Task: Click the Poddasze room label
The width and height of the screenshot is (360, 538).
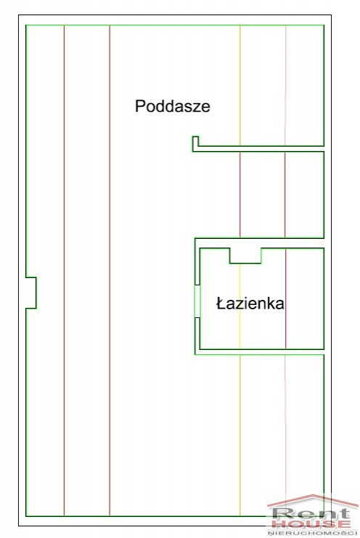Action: click(173, 106)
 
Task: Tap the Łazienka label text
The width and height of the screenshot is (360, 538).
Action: click(250, 303)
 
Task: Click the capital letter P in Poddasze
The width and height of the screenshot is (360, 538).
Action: click(140, 106)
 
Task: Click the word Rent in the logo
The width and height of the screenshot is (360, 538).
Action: click(311, 514)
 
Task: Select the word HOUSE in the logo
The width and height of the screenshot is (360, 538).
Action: click(311, 525)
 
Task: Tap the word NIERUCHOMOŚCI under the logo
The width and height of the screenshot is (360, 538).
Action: click(313, 533)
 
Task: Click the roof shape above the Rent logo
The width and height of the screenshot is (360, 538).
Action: click(313, 500)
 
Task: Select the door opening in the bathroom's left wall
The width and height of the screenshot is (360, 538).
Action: click(197, 301)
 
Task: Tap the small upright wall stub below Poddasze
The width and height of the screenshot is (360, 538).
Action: click(195, 144)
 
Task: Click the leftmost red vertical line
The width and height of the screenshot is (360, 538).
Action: click(64, 270)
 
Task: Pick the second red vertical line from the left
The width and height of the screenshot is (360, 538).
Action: click(110, 270)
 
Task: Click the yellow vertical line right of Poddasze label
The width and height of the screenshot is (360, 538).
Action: click(240, 86)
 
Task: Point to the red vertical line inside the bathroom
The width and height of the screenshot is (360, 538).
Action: click(285, 298)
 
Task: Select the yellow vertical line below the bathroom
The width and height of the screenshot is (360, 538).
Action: click(240, 435)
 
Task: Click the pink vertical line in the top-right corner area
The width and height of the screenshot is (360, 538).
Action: click(285, 86)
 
